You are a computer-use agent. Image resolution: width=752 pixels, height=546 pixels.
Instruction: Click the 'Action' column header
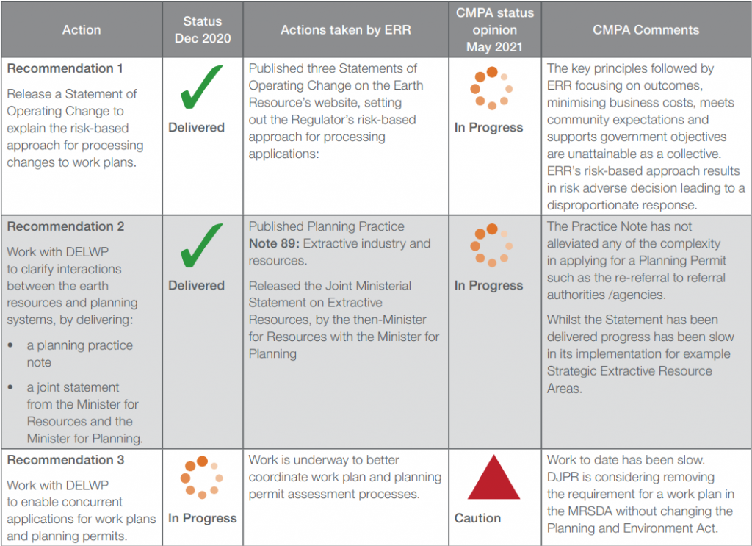(82, 29)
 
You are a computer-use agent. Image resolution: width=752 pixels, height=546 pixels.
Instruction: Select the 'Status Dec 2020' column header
(203, 29)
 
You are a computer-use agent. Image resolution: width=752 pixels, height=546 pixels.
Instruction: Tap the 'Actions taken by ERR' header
(346, 29)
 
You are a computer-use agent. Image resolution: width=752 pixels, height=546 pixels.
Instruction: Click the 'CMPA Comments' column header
(646, 29)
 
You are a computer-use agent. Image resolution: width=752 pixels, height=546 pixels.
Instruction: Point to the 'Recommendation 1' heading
(65, 68)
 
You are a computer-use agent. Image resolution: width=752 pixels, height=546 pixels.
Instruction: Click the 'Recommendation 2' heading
(65, 226)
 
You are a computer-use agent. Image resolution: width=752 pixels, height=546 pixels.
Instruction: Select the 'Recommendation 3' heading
(65, 459)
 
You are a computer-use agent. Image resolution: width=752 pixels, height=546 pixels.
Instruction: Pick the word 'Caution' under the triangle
(477, 518)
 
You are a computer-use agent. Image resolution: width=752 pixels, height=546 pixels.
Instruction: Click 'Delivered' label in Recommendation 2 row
(197, 285)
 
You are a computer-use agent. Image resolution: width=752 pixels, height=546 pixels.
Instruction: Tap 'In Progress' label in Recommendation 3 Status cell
(203, 518)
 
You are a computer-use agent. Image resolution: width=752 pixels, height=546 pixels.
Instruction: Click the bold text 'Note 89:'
(274, 243)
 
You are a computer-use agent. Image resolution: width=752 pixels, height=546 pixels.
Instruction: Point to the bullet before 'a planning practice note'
(10, 345)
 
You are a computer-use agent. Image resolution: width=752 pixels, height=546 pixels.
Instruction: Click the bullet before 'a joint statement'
(10, 387)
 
